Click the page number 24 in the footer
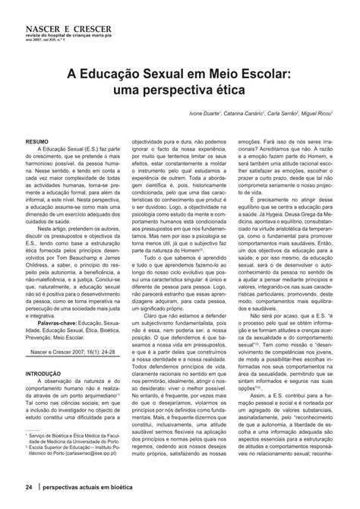click(30, 487)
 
